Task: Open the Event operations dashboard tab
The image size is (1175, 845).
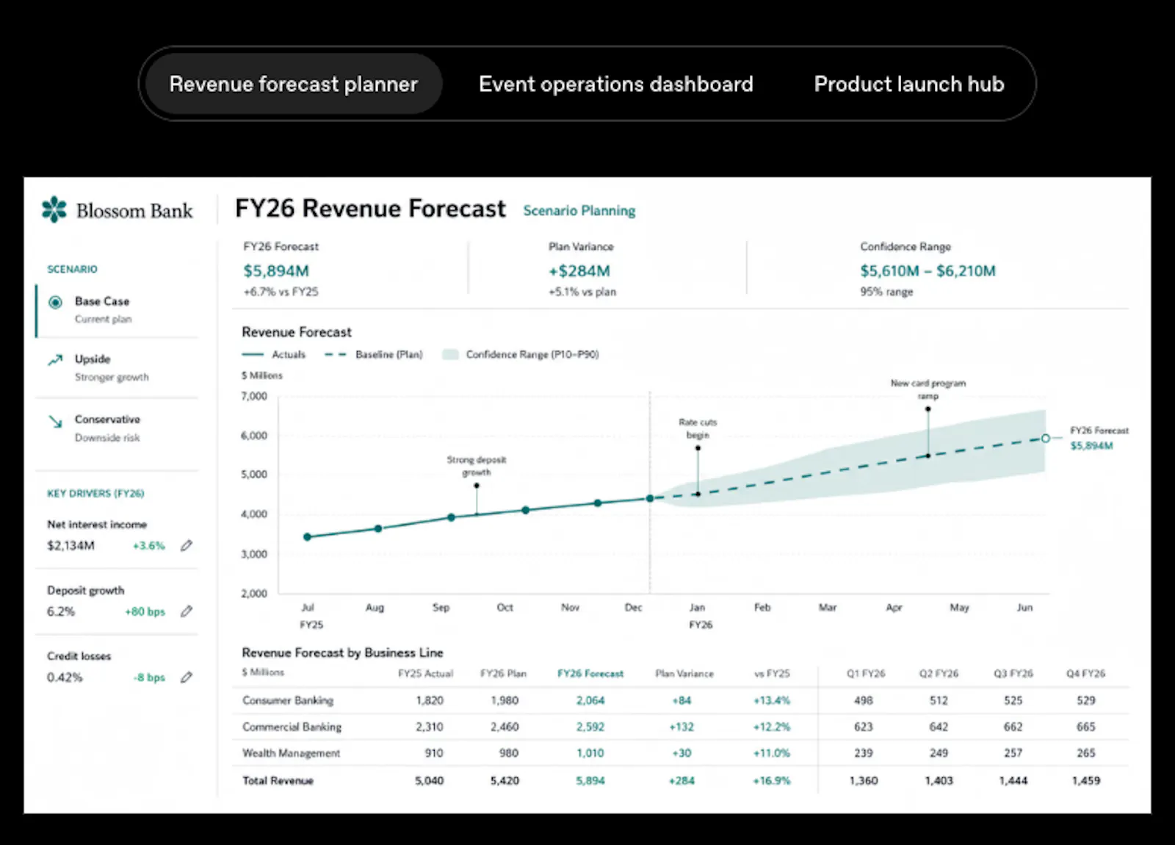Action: point(616,84)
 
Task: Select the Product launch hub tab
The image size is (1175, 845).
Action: point(909,84)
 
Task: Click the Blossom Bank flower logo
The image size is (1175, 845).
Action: point(54,209)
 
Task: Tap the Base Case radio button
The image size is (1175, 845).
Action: point(55,302)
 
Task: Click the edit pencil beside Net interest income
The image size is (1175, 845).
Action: point(187,546)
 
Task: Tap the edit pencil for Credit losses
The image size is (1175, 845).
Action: point(187,677)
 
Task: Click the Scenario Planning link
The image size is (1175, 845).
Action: point(579,210)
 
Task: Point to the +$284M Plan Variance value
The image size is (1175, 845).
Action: point(579,271)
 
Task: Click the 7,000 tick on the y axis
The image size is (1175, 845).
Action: point(254,396)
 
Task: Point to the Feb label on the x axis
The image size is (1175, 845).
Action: point(762,607)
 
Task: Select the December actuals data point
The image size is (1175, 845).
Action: point(649,498)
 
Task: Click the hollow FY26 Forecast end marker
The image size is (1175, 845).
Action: point(1046,438)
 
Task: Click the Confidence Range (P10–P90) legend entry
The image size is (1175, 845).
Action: point(521,355)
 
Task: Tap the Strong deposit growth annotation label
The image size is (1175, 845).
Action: point(477,466)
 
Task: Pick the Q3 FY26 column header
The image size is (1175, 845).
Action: point(1013,673)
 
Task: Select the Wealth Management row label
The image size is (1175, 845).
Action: point(291,753)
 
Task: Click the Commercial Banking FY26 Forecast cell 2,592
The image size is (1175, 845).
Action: point(590,727)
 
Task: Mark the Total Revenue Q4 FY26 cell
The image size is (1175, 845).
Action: point(1086,780)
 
